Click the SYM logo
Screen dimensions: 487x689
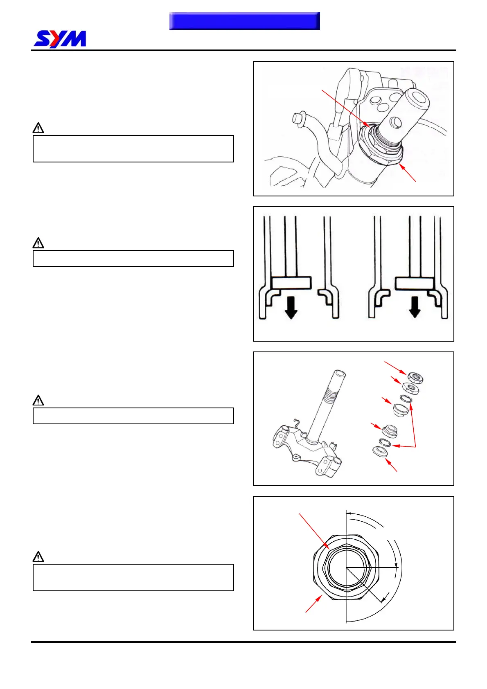(x=60, y=39)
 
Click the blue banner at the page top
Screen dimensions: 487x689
(x=244, y=21)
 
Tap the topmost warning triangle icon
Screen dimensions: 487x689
(x=38, y=128)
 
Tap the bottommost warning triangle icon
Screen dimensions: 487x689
(x=38, y=556)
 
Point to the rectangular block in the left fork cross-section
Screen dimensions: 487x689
(x=291, y=283)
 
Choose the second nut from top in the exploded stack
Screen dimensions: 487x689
(x=410, y=387)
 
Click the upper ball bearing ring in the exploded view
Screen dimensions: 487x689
(x=406, y=399)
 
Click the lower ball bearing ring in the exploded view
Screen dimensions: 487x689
(x=385, y=442)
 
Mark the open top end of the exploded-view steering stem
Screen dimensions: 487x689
(x=340, y=374)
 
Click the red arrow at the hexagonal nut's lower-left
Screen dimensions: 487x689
(x=313, y=603)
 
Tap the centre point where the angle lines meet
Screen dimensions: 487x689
(x=346, y=567)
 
